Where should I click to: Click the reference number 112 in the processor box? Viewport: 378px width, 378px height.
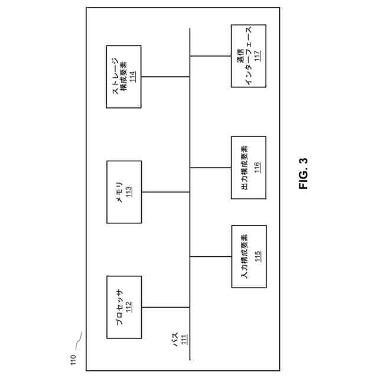[x=129, y=307]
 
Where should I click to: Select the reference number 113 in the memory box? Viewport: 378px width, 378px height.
[x=129, y=192]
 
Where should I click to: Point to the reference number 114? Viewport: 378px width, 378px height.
[x=133, y=76]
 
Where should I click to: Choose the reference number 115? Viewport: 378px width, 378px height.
[x=258, y=256]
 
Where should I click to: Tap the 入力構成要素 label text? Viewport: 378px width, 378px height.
[x=245, y=256]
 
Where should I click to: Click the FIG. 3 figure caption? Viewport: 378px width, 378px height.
[x=304, y=174]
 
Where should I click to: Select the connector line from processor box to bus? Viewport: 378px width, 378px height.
[x=166, y=307]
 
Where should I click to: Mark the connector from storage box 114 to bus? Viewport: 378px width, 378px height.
[x=166, y=76]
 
